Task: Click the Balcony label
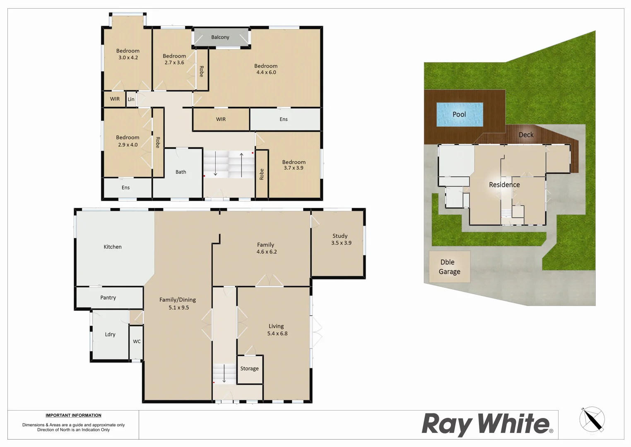click(220, 37)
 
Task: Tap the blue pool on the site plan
click(460, 114)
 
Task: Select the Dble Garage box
click(449, 267)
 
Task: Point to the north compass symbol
click(592, 419)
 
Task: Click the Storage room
click(250, 369)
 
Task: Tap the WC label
click(137, 341)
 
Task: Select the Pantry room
click(108, 298)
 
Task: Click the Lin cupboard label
click(131, 99)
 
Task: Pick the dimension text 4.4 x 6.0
click(266, 72)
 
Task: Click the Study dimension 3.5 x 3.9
click(341, 243)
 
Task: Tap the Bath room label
click(181, 172)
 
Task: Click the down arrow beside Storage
click(224, 373)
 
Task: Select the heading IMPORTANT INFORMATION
click(73, 416)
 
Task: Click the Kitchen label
click(113, 247)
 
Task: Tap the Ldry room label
click(110, 334)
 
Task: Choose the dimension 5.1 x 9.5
click(178, 308)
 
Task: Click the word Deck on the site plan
click(526, 135)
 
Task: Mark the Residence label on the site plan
click(504, 185)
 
